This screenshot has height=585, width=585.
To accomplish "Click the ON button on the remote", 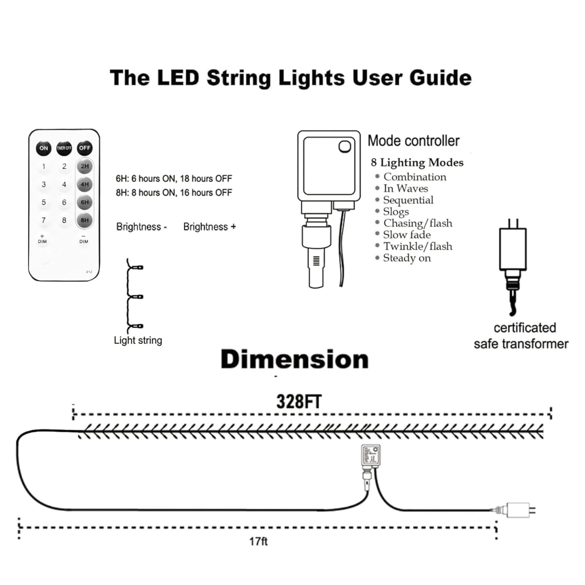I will [x=43, y=148].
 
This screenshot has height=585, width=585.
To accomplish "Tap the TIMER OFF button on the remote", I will [x=64, y=148].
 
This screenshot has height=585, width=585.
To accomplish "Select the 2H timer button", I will [x=85, y=166].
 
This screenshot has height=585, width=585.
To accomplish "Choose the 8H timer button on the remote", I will [x=85, y=220].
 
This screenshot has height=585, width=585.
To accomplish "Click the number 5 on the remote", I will [x=44, y=202].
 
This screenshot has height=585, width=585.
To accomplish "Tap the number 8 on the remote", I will [x=64, y=220].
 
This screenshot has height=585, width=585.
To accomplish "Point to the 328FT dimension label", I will [x=299, y=402].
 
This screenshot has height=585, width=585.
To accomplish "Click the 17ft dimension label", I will [x=258, y=541].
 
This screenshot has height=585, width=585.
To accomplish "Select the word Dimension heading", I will [x=294, y=360].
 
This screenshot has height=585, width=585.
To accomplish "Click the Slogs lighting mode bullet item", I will [x=396, y=212].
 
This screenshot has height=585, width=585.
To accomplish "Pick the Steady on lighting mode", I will [x=406, y=258].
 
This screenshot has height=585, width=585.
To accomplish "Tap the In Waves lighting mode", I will [x=405, y=189].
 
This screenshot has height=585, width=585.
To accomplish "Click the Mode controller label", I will [x=413, y=141].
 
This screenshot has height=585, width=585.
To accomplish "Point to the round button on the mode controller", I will [x=345, y=146].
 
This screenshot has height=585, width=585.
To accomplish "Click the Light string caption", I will [x=138, y=340].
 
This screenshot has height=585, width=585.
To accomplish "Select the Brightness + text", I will [x=209, y=227].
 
